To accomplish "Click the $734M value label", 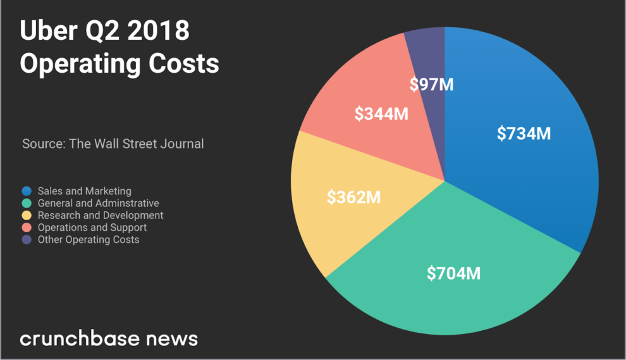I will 524,133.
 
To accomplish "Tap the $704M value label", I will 453,273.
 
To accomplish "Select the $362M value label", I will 353,197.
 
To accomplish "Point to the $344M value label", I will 381,114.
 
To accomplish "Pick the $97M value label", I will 431,84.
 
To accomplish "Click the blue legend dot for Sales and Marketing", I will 27,191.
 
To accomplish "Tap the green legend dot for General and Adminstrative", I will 27,203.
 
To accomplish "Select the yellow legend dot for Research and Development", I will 27,215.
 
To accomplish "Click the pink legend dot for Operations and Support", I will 27,228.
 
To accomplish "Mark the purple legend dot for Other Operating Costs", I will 27,240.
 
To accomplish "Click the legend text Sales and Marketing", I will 85,191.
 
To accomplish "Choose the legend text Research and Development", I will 101,215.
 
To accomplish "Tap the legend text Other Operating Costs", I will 89,240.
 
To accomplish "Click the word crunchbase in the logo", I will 79,338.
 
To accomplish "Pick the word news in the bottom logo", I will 172,338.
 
